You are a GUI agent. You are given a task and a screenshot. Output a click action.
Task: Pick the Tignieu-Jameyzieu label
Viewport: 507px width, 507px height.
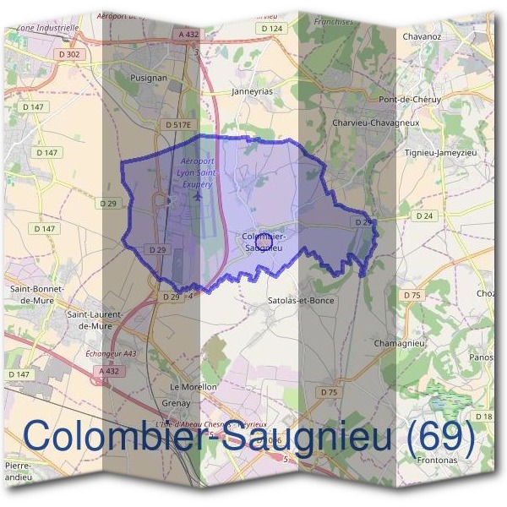click(441, 152)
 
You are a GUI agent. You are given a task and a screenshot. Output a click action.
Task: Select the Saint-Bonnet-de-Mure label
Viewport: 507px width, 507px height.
click(32, 293)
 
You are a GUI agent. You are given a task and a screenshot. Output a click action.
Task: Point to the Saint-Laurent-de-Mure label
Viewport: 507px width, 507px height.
click(94, 319)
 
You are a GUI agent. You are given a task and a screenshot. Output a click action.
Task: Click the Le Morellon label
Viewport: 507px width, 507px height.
click(194, 386)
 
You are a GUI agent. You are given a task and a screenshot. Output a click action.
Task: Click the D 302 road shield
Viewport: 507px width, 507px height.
click(72, 54)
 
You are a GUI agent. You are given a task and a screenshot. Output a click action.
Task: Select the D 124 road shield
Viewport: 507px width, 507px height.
click(271, 29)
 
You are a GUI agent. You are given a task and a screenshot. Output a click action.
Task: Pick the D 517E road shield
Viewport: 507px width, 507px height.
click(178, 124)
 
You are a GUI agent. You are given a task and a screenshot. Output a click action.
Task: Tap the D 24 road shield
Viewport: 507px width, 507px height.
click(424, 216)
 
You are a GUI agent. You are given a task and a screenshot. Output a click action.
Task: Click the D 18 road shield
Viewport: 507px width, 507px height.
click(482, 417)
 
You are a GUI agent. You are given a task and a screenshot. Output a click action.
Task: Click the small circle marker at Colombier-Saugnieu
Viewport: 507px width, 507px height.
click(263, 242)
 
